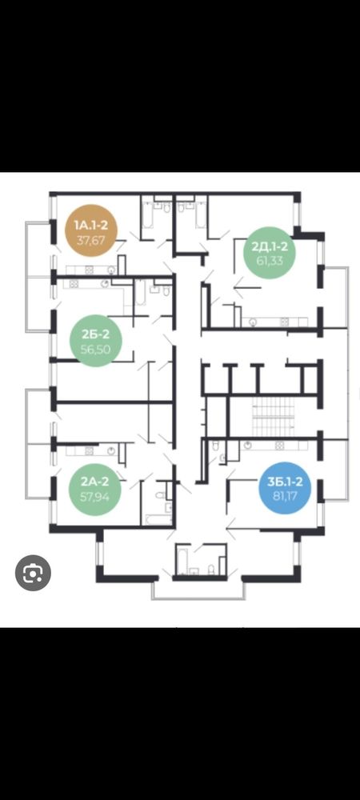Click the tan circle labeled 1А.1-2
point(91,230)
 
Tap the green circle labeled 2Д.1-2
point(270,253)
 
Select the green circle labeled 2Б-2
point(95,341)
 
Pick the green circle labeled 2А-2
point(95,487)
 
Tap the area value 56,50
point(95,349)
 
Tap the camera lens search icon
point(33,573)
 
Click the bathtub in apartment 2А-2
point(158,519)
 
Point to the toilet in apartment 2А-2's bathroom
point(160,495)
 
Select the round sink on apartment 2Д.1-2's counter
point(252,322)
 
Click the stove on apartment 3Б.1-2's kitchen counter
point(279,446)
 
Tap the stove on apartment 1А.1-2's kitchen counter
point(90,270)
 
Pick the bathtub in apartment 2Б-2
point(140,292)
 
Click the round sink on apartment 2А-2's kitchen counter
point(112,451)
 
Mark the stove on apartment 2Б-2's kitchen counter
point(74,284)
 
